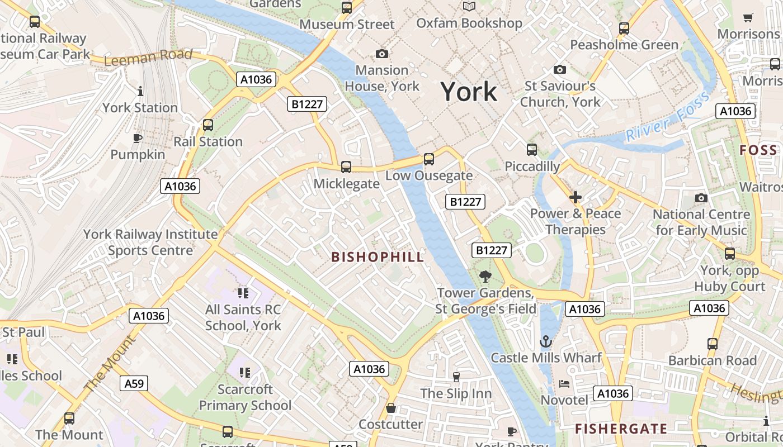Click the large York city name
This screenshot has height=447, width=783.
point(469,91)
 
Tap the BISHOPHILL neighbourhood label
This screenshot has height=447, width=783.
point(378,257)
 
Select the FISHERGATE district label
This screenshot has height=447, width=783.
point(621,429)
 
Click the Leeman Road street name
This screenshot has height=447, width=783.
point(148,58)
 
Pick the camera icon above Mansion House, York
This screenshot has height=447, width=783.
point(382,54)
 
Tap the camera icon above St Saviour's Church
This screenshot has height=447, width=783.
point(559,70)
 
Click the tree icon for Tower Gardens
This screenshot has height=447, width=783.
point(485,276)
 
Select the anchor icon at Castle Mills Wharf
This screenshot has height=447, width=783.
point(546,341)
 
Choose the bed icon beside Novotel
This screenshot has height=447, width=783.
point(565,384)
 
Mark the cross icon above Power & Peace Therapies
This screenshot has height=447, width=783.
point(576,197)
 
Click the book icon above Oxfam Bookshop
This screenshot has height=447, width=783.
point(469,7)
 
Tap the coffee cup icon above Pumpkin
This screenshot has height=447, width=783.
point(138,138)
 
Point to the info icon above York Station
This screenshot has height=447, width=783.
point(140,91)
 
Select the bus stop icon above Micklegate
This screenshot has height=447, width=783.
point(346,167)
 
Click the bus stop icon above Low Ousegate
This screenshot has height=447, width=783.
point(429,159)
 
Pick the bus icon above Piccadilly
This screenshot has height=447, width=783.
point(532,150)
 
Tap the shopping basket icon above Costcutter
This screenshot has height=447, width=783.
point(391,408)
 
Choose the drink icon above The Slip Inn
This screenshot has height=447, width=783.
point(456,377)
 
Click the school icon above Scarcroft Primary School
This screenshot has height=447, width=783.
point(244,372)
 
